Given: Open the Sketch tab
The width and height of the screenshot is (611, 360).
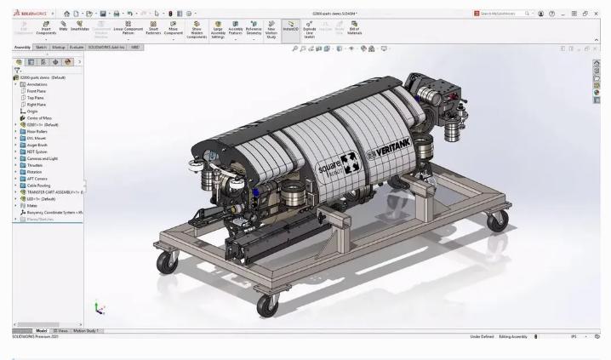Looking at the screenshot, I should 41,47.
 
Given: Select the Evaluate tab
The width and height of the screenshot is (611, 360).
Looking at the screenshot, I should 76,47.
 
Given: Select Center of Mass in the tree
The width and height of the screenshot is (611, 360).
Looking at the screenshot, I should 40,117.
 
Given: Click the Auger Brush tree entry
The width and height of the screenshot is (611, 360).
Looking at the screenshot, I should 39,145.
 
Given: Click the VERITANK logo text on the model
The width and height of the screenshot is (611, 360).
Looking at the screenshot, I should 392,152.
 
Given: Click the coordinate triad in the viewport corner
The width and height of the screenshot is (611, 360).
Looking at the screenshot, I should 99,309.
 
